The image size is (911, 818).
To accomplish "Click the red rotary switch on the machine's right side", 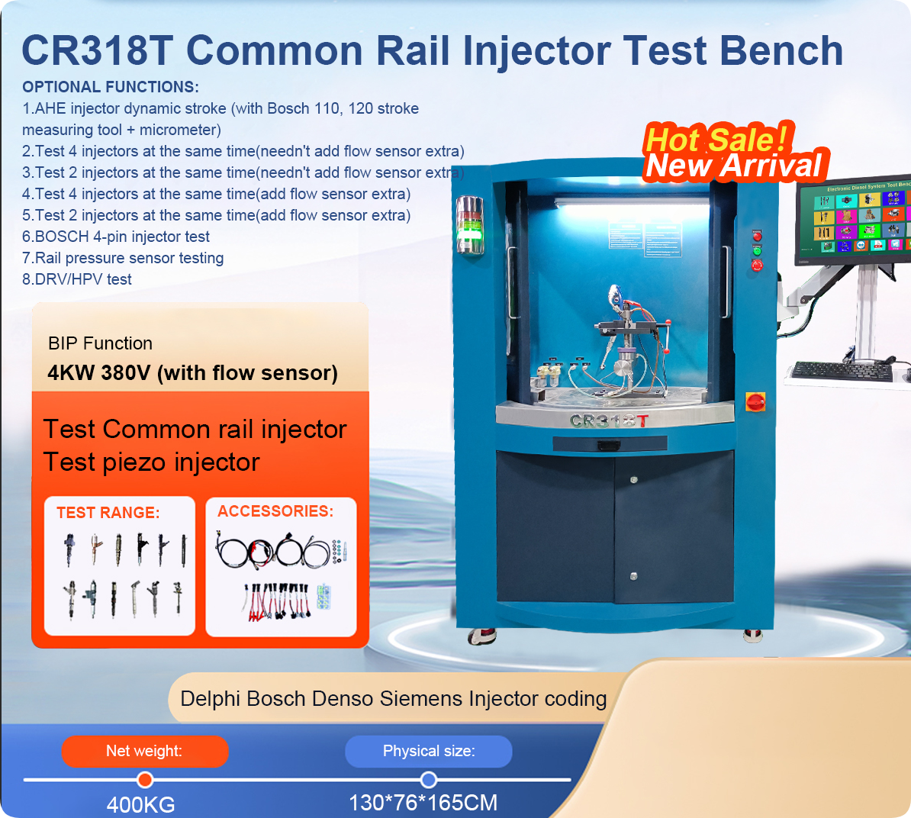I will pyautogui.click(x=755, y=401).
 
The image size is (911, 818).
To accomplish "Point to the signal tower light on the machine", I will pyautogui.click(x=469, y=224).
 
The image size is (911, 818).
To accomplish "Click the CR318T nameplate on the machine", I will pyautogui.click(x=609, y=420).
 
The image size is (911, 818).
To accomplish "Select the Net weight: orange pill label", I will pyautogui.click(x=145, y=751).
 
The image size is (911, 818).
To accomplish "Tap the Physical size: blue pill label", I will pyautogui.click(x=428, y=751).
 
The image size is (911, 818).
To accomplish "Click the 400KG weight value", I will pyautogui.click(x=141, y=804).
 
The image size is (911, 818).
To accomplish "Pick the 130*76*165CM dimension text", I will pyautogui.click(x=423, y=803).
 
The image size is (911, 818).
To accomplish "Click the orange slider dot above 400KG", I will pyautogui.click(x=145, y=780).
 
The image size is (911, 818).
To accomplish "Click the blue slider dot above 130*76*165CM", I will pyautogui.click(x=429, y=780).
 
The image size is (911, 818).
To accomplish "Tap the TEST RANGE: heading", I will pyautogui.click(x=108, y=513).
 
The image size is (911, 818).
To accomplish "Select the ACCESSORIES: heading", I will pyautogui.click(x=275, y=511).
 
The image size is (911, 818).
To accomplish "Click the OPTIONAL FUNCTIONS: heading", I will pyautogui.click(x=111, y=87).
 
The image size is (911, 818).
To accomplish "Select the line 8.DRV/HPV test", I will pyautogui.click(x=77, y=279).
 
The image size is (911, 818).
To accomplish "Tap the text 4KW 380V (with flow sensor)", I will pyautogui.click(x=192, y=373).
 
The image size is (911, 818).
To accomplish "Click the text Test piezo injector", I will pyautogui.click(x=151, y=462).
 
